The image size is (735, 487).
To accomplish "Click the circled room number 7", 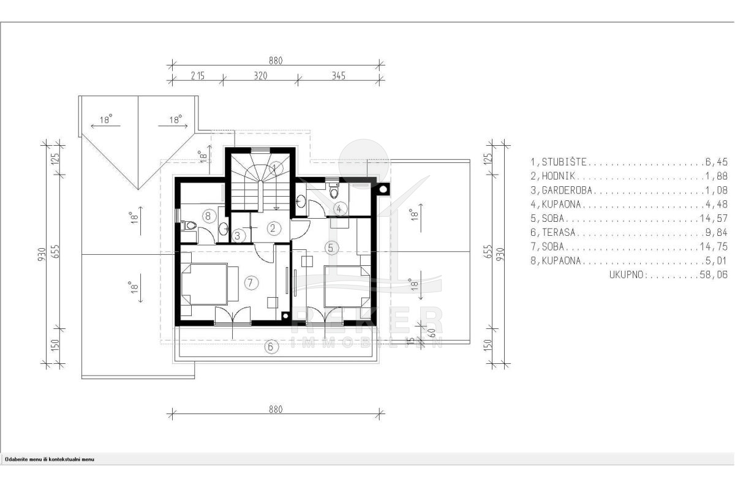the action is pyautogui.click(x=251, y=283).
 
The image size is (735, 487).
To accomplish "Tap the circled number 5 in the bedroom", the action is pyautogui.click(x=331, y=248).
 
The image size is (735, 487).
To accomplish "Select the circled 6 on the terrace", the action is pyautogui.click(x=271, y=347).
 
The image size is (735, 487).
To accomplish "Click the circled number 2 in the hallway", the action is pyautogui.click(x=273, y=228).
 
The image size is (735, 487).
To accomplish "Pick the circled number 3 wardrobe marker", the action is pyautogui.click(x=238, y=236).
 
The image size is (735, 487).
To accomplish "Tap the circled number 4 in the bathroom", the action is pyautogui.click(x=339, y=209).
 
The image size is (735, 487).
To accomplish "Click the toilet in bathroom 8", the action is pyautogui.click(x=189, y=225).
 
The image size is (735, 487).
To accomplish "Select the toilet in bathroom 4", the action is pyautogui.click(x=334, y=190).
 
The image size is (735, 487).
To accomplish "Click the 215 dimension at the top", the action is pyautogui.click(x=197, y=76).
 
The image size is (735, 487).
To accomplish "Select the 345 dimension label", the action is pyautogui.click(x=338, y=76).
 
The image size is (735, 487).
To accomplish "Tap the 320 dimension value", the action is pyautogui.click(x=260, y=76).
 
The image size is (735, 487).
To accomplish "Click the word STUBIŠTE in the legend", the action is pyautogui.click(x=563, y=162).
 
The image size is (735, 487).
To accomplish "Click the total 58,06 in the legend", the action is pyautogui.click(x=714, y=274).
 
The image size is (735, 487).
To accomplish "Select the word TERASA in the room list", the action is pyautogui.click(x=559, y=233).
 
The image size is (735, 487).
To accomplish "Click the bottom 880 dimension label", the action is pyautogui.click(x=276, y=410).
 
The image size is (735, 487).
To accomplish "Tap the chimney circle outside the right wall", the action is pyautogui.click(x=383, y=189).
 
